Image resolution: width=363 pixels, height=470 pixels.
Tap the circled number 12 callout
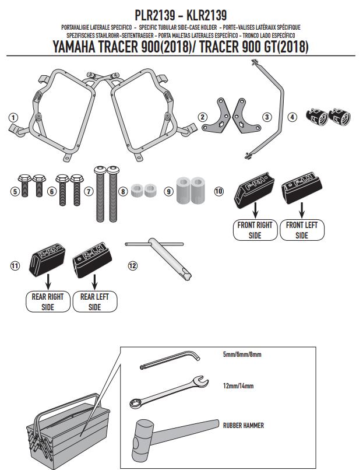click(x=133, y=265)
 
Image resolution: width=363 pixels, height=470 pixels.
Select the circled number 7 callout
click(x=88, y=191)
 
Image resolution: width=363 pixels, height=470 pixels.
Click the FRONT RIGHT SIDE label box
click(x=255, y=230)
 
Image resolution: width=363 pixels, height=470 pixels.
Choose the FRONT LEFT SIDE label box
click(x=301, y=230)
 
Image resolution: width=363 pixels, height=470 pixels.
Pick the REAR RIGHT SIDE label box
click(x=48, y=301)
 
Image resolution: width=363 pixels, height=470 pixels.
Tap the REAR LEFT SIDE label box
click(x=94, y=301)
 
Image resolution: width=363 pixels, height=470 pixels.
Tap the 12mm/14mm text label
click(x=238, y=386)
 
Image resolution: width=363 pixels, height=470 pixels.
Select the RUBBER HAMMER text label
click(x=243, y=425)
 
